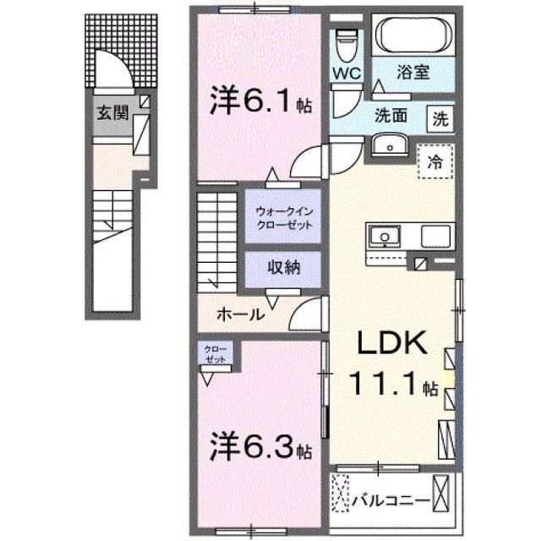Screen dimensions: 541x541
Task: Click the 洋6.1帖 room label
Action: point(261,102)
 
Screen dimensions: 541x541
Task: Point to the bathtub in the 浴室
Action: point(415,36)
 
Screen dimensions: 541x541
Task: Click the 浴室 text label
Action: point(414,74)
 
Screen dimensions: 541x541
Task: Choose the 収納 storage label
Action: point(283,269)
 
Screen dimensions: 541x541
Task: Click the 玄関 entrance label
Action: point(112,112)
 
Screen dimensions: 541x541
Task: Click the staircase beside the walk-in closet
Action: point(219,240)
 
